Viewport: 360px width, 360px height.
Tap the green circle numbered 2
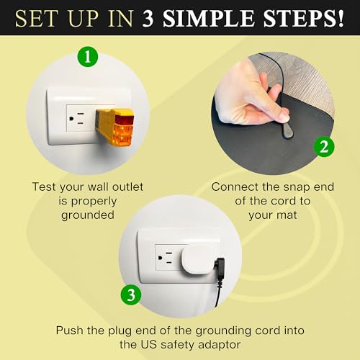(324, 147)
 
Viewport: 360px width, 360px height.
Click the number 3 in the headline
(149, 17)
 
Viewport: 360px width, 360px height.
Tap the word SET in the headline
(35, 17)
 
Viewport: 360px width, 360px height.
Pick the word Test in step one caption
(46, 186)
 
